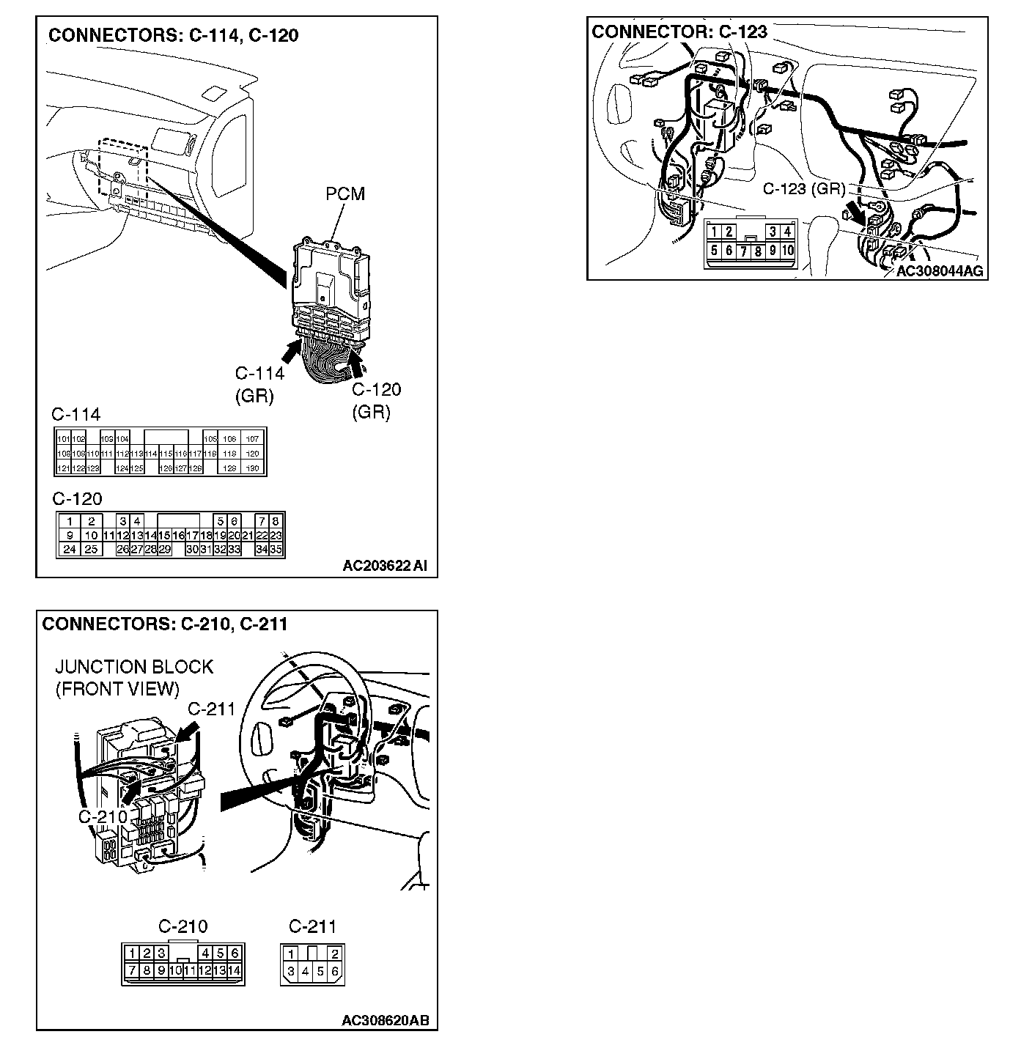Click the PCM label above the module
pyautogui.click(x=345, y=193)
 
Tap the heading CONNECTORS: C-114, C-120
pyautogui.click(x=173, y=35)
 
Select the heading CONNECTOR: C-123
pyautogui.click(x=679, y=32)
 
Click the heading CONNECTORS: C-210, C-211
pyautogui.click(x=165, y=624)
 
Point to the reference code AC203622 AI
pyautogui.click(x=385, y=565)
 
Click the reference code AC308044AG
pyautogui.click(x=939, y=271)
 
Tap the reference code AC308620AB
pyautogui.click(x=386, y=1020)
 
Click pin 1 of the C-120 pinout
pyautogui.click(x=69, y=522)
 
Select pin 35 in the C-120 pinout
pyautogui.click(x=276, y=549)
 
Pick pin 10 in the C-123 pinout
pyautogui.click(x=787, y=251)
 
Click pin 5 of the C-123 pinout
pyautogui.click(x=714, y=251)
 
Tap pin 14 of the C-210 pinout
pyautogui.click(x=235, y=970)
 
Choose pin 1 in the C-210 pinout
pyautogui.click(x=131, y=953)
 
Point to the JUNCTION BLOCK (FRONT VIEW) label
pyautogui.click(x=133, y=677)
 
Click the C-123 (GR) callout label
pyautogui.click(x=804, y=188)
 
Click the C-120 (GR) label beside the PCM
pyautogui.click(x=377, y=400)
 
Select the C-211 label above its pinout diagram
pyautogui.click(x=312, y=926)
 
